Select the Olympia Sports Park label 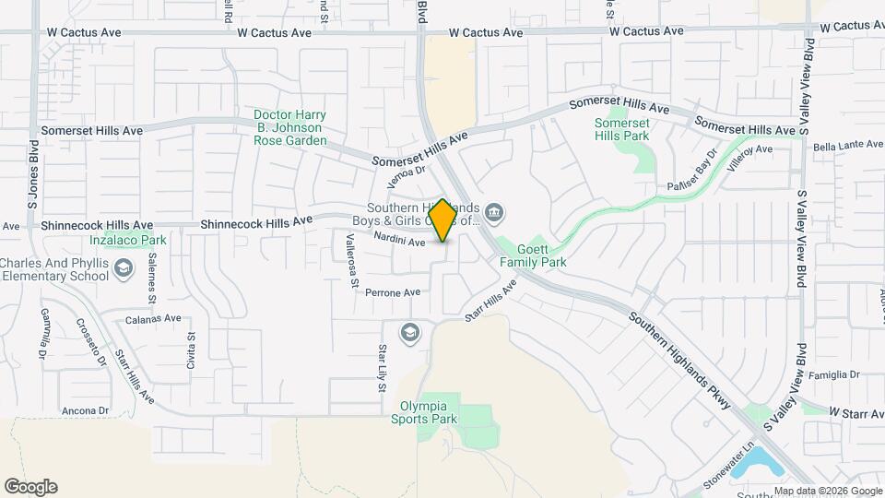click(429, 412)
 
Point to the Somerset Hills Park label click(621, 129)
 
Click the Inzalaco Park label click(128, 241)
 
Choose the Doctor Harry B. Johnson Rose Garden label click(289, 128)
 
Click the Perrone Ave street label click(393, 292)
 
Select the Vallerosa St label click(350, 261)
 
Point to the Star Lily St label click(383, 367)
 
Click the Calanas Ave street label click(156, 317)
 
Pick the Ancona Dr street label click(85, 410)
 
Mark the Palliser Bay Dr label click(690, 172)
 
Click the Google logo click(30, 487)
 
